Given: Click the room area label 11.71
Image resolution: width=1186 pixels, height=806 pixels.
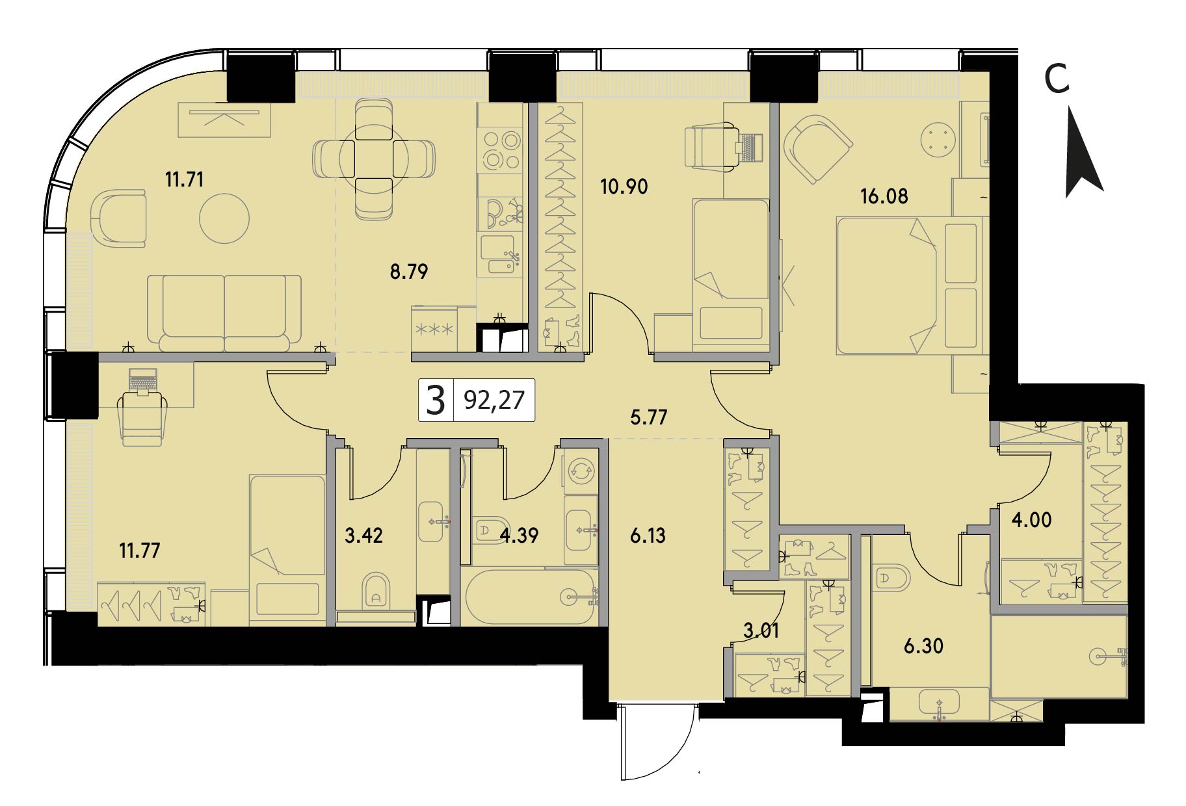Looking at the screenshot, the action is coord(184,179).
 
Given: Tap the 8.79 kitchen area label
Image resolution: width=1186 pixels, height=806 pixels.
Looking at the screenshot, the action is coord(409,271).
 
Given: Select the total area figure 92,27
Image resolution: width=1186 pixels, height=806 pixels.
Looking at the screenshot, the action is coord(494,400).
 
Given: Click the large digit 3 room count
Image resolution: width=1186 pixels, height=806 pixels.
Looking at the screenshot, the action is coord(435,400).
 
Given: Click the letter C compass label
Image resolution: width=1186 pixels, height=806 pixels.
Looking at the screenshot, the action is coord(1057,79).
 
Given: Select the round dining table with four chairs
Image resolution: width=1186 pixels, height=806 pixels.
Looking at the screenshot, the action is coord(374,159).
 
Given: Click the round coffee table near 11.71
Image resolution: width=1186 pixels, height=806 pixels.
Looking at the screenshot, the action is coord(224,218).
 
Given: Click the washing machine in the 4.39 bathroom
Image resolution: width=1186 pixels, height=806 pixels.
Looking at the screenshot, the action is coord(579,470).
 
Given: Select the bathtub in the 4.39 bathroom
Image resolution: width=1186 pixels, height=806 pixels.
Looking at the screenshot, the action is coord(530,597).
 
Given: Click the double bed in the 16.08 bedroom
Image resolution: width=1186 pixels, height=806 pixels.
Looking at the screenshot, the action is coord(908,286).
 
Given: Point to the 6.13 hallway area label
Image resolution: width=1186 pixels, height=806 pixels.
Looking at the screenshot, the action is coord(648,536).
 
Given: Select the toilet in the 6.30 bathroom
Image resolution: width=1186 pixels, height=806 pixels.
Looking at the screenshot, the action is coord(891,579).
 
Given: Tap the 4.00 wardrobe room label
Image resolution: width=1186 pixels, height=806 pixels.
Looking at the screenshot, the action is coord(1032,520).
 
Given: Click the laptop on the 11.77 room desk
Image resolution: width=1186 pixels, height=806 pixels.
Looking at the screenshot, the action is coord(143,380).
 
